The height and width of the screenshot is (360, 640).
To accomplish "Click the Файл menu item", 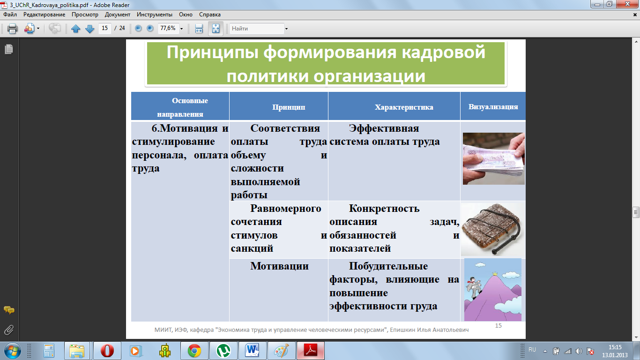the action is click(x=10, y=15).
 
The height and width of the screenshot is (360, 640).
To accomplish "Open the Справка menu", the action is click(x=210, y=15).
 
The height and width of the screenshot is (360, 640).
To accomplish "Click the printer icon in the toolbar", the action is click(x=12, y=29).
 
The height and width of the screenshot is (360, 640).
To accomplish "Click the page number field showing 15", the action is click(x=105, y=28).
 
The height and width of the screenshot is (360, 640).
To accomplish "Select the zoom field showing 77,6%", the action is click(x=168, y=28).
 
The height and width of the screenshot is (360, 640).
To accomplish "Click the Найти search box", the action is click(x=257, y=29).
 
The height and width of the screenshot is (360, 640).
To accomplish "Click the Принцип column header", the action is click(x=289, y=107).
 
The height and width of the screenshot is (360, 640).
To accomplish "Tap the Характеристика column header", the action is click(x=404, y=107).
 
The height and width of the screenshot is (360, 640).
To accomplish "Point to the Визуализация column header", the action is click(x=493, y=107).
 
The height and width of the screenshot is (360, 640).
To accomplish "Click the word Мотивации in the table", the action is click(x=279, y=266).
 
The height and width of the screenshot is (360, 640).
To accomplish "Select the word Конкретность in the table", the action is click(x=384, y=209).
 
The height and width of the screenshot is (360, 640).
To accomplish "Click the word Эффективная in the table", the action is click(x=384, y=128).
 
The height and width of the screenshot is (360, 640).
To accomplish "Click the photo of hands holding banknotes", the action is click(x=493, y=159).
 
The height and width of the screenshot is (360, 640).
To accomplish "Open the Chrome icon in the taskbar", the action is click(x=194, y=351).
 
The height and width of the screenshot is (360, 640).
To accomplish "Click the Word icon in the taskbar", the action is click(x=252, y=350).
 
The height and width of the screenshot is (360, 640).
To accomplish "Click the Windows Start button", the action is click(x=13, y=351).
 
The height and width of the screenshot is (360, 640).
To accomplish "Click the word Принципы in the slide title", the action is click(x=213, y=53).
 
